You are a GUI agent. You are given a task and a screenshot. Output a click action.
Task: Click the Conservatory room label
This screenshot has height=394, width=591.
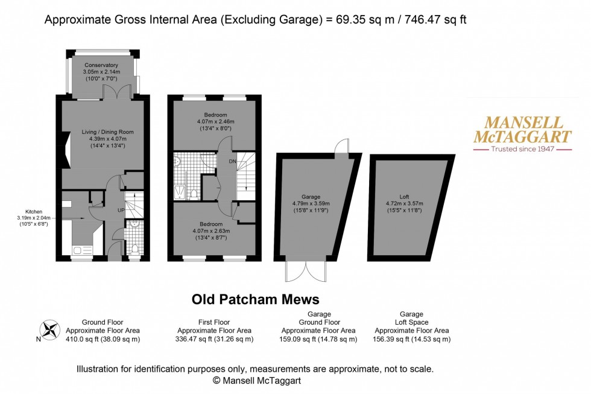pos(101,65)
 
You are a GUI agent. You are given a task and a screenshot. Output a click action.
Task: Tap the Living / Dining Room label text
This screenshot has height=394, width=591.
pos(104,132)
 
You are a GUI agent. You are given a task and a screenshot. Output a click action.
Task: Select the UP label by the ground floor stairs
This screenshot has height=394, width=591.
pos(121,210)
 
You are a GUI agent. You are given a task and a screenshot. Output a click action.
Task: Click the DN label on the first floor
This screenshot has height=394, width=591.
pos(233,161)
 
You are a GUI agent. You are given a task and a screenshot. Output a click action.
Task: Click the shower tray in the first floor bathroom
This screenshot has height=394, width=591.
pos(180,192)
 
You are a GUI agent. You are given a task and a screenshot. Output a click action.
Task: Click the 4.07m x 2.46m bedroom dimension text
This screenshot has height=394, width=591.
pos(215,121)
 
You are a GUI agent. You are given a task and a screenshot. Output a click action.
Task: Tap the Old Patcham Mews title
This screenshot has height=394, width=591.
pos(255,299)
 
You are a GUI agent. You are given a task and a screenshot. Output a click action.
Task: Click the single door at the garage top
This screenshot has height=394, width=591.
pos(342,147)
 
